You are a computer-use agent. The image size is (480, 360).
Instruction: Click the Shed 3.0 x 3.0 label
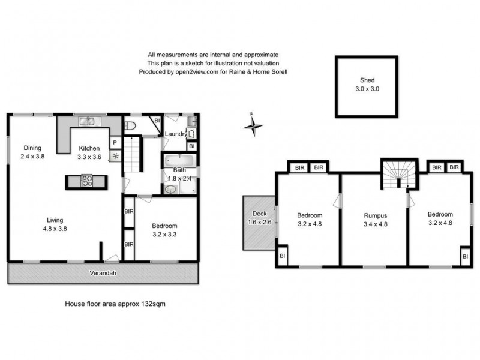click(366, 84)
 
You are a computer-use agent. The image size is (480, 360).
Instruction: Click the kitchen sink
click(87, 123)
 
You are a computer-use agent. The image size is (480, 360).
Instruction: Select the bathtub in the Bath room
click(177, 160)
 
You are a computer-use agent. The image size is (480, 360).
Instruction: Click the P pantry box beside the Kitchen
click(113, 142)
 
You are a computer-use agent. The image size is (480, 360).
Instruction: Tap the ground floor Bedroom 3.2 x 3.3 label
click(164, 230)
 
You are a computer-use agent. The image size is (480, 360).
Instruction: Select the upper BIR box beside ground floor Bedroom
click(128, 212)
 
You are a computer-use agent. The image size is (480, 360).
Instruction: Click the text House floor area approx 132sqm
click(115, 304)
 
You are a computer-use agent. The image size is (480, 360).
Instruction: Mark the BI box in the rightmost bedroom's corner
click(464, 257)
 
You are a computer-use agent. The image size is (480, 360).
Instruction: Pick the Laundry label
click(176, 134)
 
